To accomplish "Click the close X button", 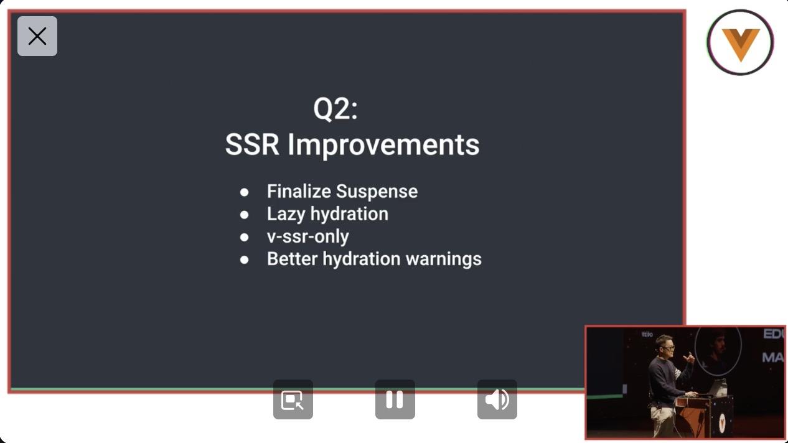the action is click(x=37, y=36).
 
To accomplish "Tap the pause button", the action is click(x=395, y=399).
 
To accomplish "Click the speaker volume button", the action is click(x=497, y=399).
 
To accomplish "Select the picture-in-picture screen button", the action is click(x=293, y=399).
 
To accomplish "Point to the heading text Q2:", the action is click(x=335, y=109).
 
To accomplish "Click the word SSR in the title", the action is click(x=252, y=144).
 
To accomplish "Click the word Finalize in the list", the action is click(x=299, y=191).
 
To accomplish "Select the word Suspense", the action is click(x=377, y=192).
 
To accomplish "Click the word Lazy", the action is click(x=286, y=215).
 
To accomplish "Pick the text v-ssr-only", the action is click(x=308, y=236).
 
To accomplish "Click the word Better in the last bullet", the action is click(x=293, y=259).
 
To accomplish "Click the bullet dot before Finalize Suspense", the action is click(x=244, y=192).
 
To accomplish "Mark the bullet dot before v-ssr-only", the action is click(x=244, y=237).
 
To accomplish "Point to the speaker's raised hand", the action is click(x=689, y=358).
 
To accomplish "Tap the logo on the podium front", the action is click(x=722, y=422).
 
